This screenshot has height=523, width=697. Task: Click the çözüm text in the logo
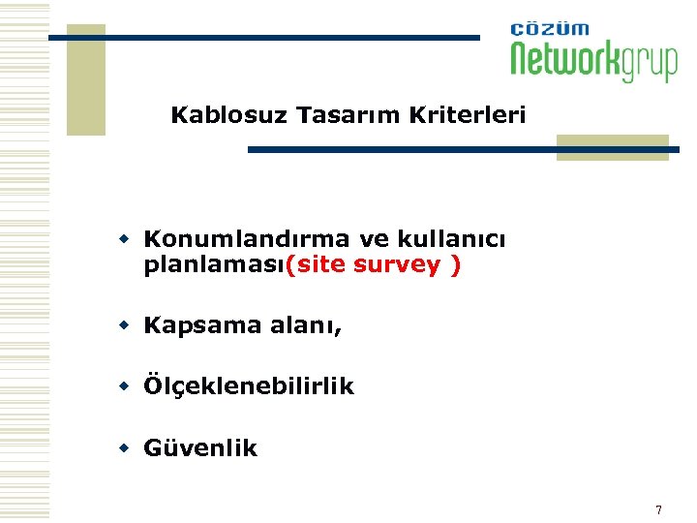coord(549,29)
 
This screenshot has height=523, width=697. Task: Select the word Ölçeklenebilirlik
coord(249,386)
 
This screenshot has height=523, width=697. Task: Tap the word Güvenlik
coord(200,447)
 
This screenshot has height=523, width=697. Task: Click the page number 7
coord(658,509)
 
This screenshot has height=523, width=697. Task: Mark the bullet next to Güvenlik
coord(125,447)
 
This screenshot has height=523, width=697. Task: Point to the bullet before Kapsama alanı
coord(125,325)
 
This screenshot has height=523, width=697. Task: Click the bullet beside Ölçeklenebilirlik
coord(125,386)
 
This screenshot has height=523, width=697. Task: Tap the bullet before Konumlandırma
coord(125,238)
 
